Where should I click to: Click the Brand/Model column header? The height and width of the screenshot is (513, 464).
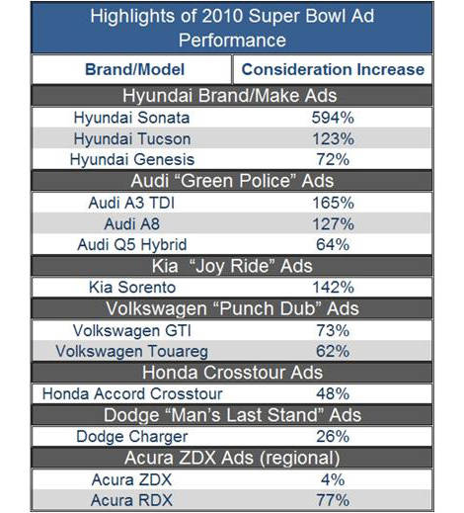(134, 69)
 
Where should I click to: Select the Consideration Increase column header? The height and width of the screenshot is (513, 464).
(333, 69)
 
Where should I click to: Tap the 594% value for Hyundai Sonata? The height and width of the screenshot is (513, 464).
(333, 118)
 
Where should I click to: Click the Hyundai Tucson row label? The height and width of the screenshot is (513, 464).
(132, 138)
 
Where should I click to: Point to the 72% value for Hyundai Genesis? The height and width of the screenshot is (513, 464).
(333, 159)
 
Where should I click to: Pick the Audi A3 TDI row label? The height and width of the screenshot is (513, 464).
(131, 203)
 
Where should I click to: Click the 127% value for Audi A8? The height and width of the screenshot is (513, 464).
(333, 224)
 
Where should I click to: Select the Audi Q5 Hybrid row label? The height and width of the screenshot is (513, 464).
(132, 245)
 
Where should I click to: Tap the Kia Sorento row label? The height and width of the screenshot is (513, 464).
(132, 288)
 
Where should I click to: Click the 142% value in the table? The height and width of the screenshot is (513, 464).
(333, 288)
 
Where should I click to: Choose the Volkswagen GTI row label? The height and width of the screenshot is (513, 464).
(132, 330)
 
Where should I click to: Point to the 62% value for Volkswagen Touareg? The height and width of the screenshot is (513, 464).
(333, 351)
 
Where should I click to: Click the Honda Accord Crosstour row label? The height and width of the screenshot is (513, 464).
(132, 393)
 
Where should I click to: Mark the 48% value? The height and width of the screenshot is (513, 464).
(333, 393)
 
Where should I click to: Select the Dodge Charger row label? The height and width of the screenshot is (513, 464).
(132, 437)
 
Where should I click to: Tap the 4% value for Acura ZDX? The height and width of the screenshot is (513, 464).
(333, 479)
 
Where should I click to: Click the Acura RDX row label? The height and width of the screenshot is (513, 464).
(131, 500)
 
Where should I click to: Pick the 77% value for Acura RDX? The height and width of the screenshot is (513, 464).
(333, 500)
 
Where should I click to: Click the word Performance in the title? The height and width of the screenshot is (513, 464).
(232, 41)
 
